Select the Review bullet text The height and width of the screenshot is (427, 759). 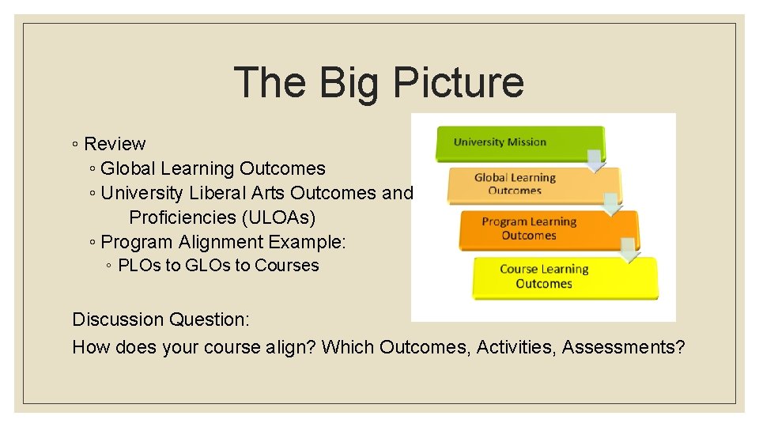click(115, 144)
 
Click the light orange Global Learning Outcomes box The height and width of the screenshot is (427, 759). click(522, 184)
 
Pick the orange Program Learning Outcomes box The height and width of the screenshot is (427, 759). click(538, 229)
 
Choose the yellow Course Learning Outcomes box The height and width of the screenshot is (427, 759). click(553, 276)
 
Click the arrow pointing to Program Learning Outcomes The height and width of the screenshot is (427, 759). click(612, 206)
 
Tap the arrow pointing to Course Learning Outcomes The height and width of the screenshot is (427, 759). click(629, 251)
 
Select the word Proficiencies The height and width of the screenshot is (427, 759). click(183, 217)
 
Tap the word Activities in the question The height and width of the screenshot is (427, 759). click(515, 346)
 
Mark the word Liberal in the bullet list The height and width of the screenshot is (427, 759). click(218, 193)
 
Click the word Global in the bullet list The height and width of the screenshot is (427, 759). click(128, 168)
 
